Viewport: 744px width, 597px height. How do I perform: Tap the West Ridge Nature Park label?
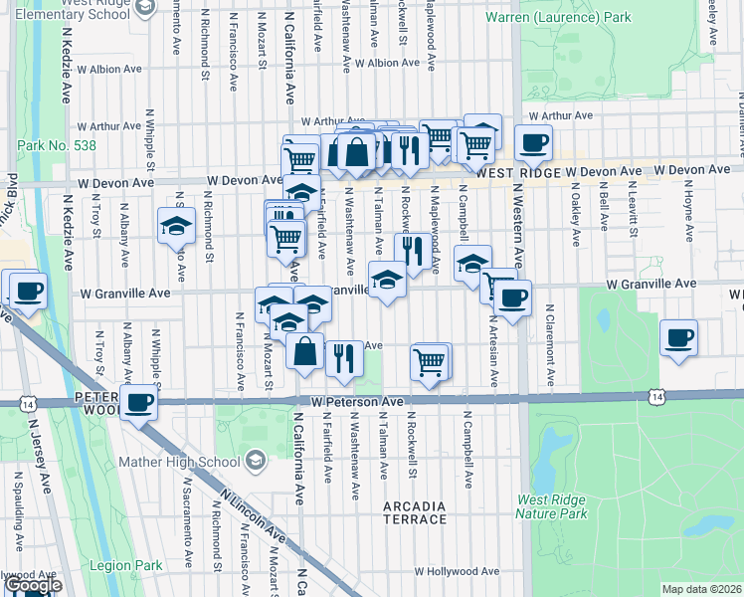pyautogui.click(x=551, y=507)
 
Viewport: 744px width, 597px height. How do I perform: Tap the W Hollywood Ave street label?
pyautogui.click(x=458, y=572)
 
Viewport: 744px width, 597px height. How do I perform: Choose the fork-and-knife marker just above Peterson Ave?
pyautogui.click(x=343, y=356)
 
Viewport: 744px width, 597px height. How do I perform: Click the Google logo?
pyautogui.click(x=33, y=585)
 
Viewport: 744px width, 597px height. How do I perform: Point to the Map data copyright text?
pyautogui.click(x=702, y=589)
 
